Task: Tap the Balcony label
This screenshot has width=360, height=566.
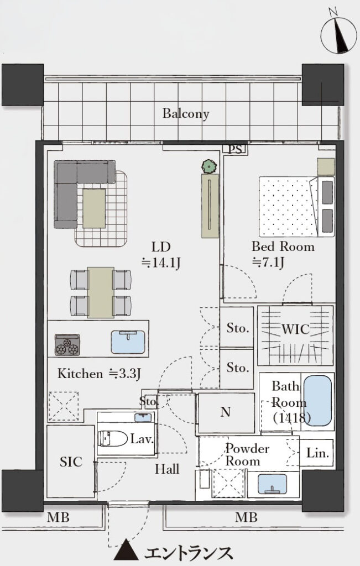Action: pyautogui.click(x=186, y=114)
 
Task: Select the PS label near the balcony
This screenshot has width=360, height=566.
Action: pyautogui.click(x=236, y=149)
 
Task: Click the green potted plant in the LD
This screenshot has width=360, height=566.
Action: pyautogui.click(x=208, y=166)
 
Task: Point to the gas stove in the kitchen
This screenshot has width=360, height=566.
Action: pyautogui.click(x=67, y=345)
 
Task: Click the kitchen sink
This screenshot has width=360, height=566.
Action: pyautogui.click(x=128, y=342)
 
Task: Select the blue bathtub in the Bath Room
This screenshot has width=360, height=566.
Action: pyautogui.click(x=317, y=401)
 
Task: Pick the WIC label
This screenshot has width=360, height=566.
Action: pyautogui.click(x=295, y=329)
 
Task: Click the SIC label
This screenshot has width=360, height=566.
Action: pyautogui.click(x=71, y=462)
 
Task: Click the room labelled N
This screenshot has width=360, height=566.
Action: pyautogui.click(x=226, y=412)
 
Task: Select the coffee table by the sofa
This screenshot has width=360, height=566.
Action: pyautogui.click(x=94, y=208)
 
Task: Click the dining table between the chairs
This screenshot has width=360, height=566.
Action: pyautogui.click(x=101, y=292)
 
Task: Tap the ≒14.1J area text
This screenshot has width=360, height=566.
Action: pyautogui.click(x=160, y=263)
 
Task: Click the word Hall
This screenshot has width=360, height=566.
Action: pyautogui.click(x=167, y=469)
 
